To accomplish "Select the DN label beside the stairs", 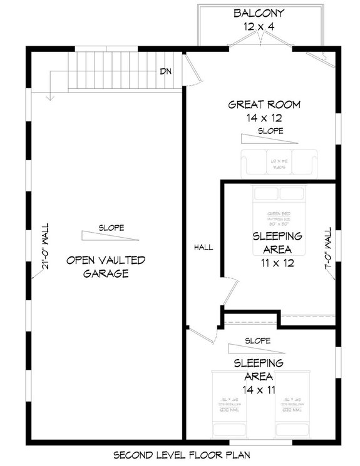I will point(165,71).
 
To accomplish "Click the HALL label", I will point(203,247).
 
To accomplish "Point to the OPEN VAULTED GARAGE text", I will point(106,266).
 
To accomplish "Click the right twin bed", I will point(294,403).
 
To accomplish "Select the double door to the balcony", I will point(260,41).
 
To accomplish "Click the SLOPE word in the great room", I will point(270,131).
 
